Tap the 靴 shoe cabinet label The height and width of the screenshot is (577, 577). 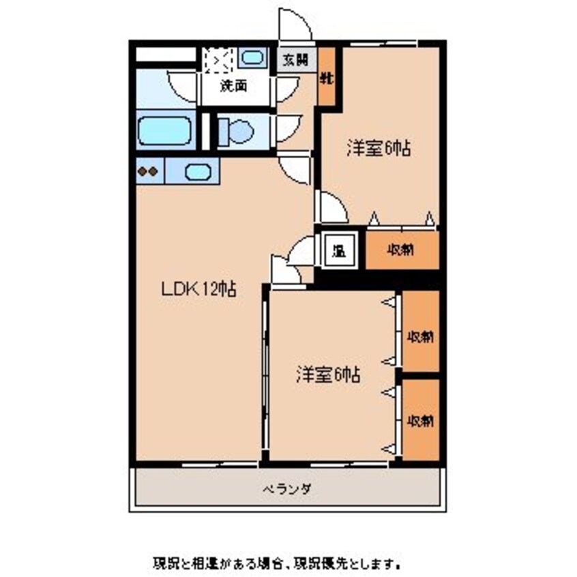click(x=327, y=78)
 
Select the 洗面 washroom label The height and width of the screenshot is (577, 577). click(x=232, y=87)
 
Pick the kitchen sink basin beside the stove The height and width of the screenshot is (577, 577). click(x=198, y=171)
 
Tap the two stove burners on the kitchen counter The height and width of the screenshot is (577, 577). click(x=149, y=171)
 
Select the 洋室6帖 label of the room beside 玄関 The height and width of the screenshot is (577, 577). click(x=379, y=149)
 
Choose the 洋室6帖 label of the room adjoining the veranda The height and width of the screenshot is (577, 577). click(x=328, y=374)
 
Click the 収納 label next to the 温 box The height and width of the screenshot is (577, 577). click(x=402, y=250)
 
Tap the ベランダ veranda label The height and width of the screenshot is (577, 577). click(x=287, y=488)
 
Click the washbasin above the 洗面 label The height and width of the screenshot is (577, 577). click(x=253, y=58)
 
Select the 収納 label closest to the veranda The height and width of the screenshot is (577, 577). click(x=420, y=420)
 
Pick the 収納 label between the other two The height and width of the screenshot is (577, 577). click(x=420, y=336)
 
